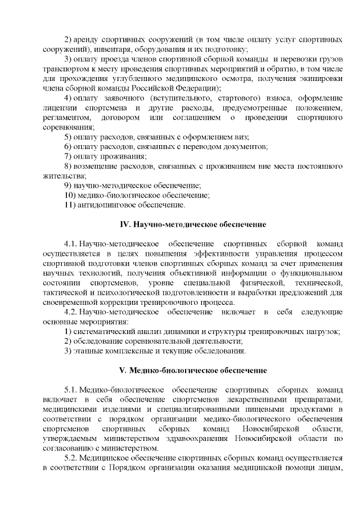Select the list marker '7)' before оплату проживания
coord(67,156)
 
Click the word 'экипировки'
coord(320,79)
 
